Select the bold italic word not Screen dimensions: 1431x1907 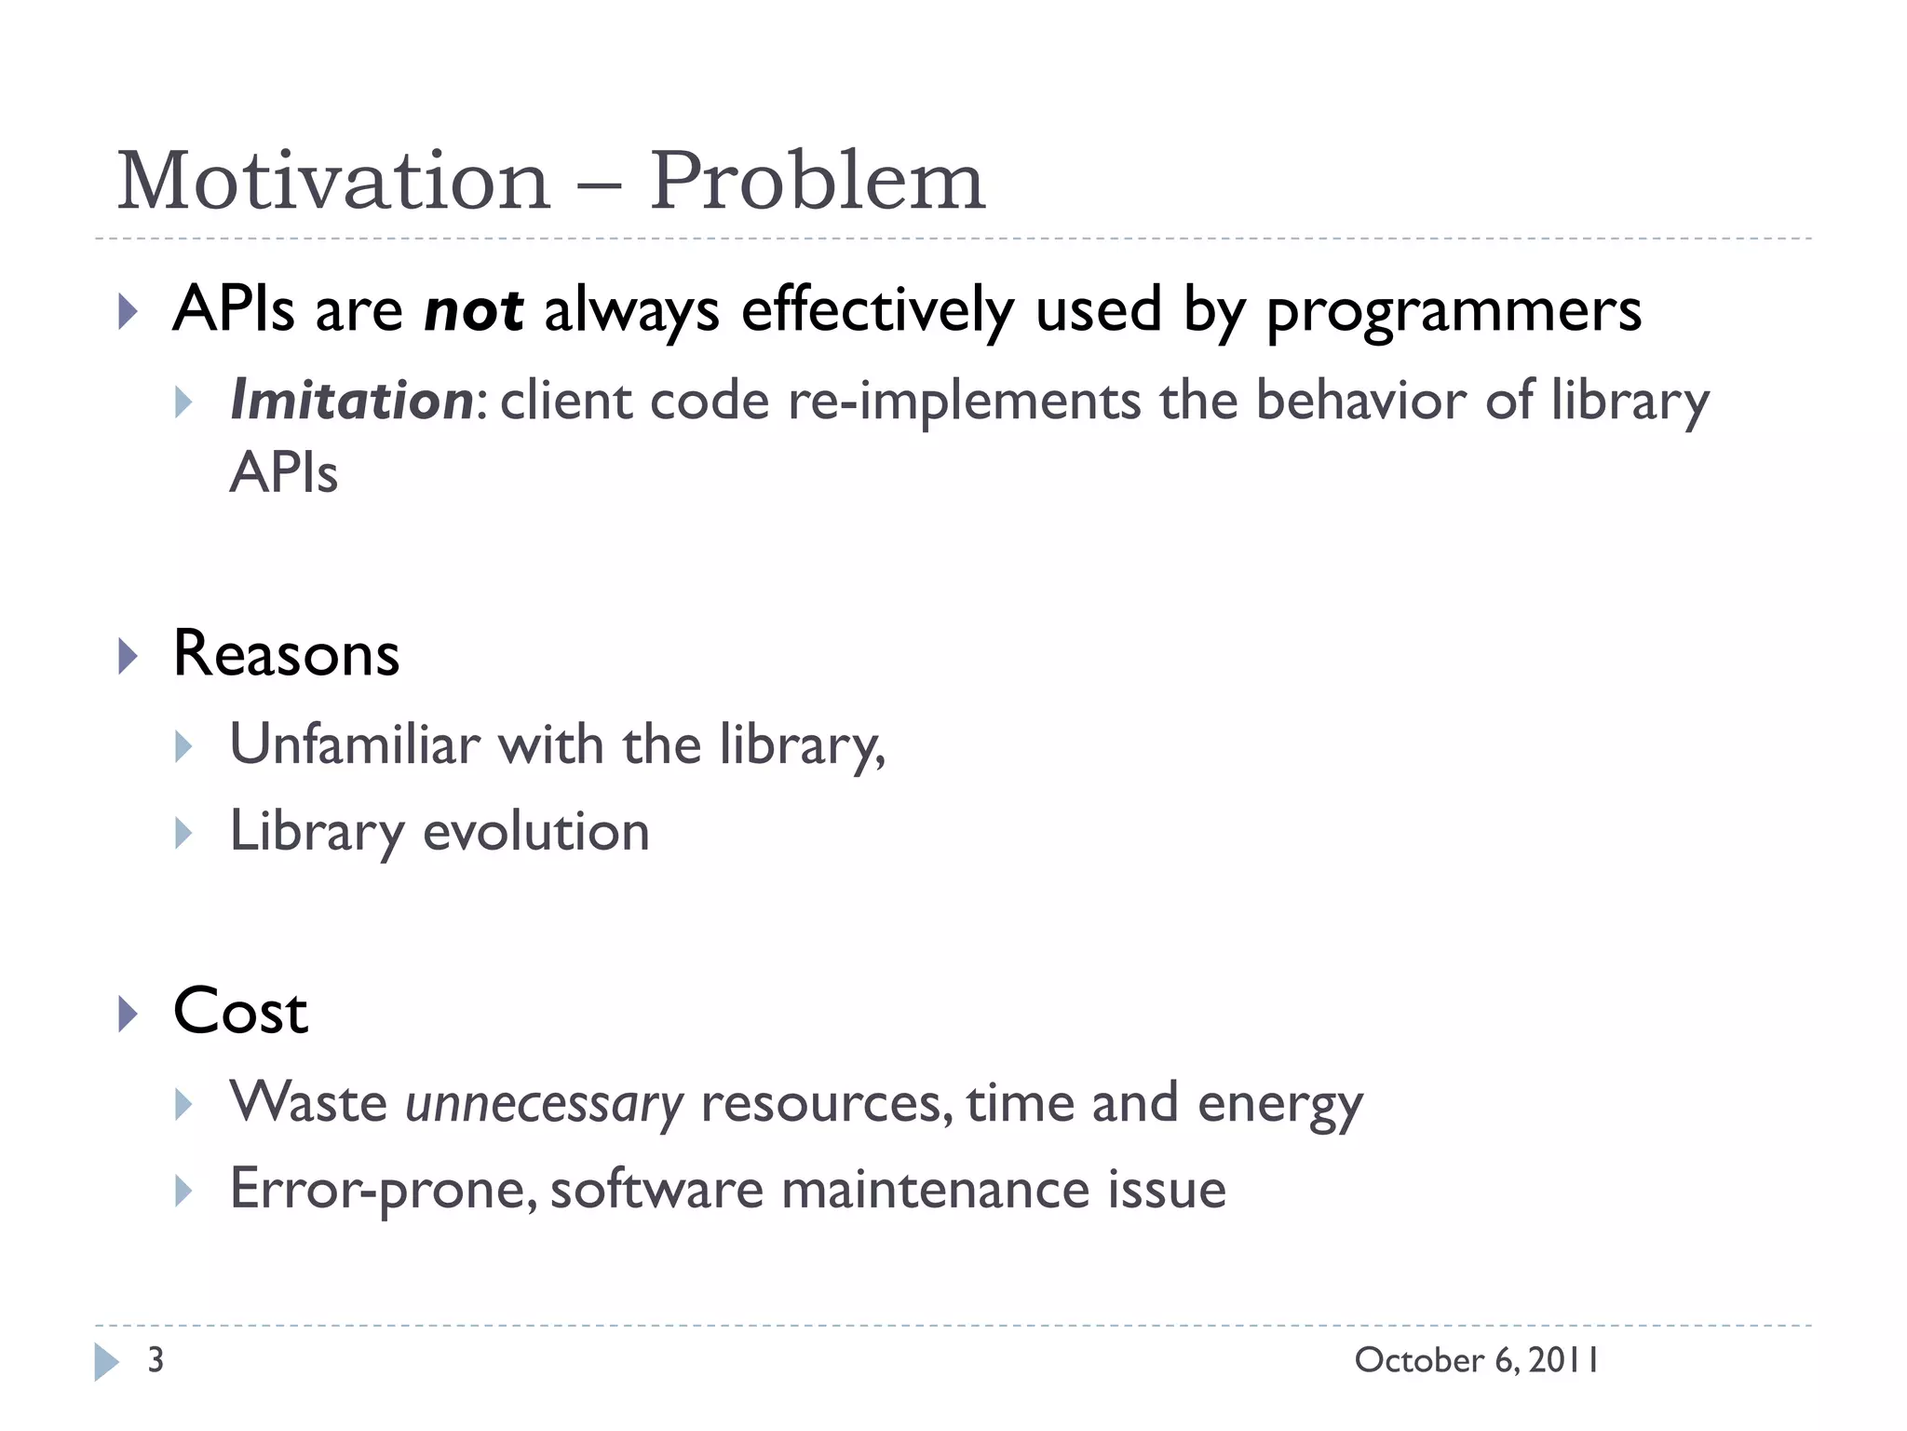(473, 310)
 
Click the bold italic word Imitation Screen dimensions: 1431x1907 (352, 401)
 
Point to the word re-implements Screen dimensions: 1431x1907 (963, 402)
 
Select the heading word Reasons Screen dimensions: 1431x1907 (286, 653)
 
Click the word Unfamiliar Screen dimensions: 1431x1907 (355, 744)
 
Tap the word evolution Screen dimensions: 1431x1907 (535, 831)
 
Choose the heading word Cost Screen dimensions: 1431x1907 (240, 1012)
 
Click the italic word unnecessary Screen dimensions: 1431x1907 (545, 1105)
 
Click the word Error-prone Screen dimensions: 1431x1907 (383, 1191)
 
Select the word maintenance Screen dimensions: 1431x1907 (935, 1191)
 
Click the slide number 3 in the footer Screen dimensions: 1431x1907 (156, 1360)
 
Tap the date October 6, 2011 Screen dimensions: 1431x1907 (1477, 1360)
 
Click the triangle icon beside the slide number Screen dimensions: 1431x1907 (106, 1362)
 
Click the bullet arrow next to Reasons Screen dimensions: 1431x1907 (128, 657)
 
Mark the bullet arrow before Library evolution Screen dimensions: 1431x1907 (183, 833)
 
